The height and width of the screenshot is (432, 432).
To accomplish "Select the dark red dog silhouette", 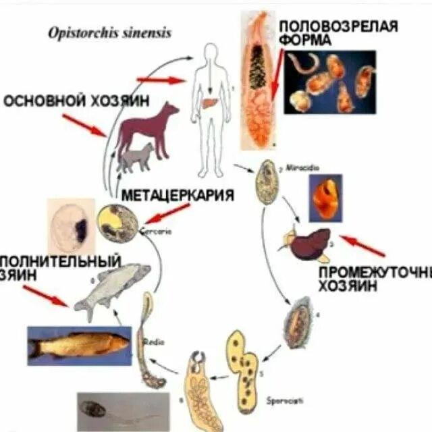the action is pos(145,128).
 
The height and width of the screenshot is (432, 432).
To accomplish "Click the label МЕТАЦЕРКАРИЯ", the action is pos(178,196).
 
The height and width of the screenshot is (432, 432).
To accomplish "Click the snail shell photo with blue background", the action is pos(325,198).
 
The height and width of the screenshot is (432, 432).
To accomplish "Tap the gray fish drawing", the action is pos(111,283).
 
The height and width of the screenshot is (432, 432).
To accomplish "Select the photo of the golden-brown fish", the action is pos(78,346).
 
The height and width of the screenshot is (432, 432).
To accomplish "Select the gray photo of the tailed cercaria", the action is pos(122,410).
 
